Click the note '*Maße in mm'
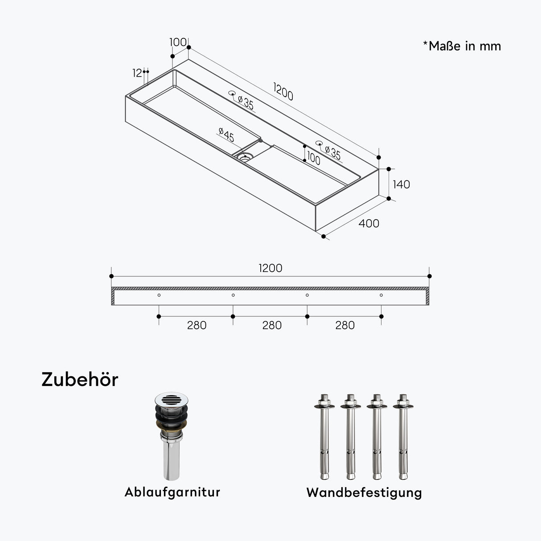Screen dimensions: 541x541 pyautogui.click(x=462, y=46)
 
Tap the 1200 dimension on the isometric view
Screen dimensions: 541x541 pyautogui.click(x=283, y=92)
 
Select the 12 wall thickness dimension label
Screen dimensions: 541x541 pyautogui.click(x=137, y=73)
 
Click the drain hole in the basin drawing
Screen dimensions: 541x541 pyautogui.click(x=245, y=156)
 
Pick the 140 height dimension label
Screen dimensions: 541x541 pyautogui.click(x=401, y=184)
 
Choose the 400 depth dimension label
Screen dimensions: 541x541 pyautogui.click(x=369, y=223)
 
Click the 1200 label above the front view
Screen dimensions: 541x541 pyautogui.click(x=270, y=268)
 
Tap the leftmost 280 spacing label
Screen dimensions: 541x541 pyautogui.click(x=197, y=325)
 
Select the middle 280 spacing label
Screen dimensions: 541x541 pyautogui.click(x=272, y=325)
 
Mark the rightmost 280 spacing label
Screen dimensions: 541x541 pyautogui.click(x=345, y=325)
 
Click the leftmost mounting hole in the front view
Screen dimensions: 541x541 pyautogui.click(x=159, y=295)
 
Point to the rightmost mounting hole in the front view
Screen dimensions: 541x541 pyautogui.click(x=381, y=295)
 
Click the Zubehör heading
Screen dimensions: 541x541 pyautogui.click(x=80, y=380)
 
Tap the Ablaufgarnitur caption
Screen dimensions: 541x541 pyautogui.click(x=172, y=492)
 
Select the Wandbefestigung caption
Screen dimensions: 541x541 pyautogui.click(x=364, y=492)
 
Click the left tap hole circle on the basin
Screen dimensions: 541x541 pyautogui.click(x=232, y=93)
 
